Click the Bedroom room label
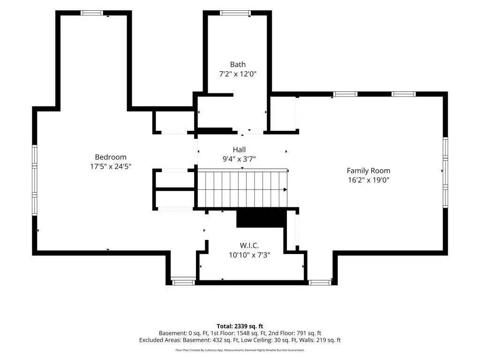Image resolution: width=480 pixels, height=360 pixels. [x=111, y=157]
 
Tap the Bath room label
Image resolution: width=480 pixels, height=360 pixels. [x=238, y=65]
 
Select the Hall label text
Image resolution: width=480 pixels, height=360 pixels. [x=239, y=150]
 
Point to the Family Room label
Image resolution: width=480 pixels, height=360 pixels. [x=368, y=171]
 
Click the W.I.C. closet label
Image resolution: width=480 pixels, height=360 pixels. [x=249, y=246]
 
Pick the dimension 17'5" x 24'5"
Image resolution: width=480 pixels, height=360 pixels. [x=111, y=166]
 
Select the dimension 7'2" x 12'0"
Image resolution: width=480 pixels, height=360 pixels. [x=238, y=74]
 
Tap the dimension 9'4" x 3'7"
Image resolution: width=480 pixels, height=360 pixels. [x=239, y=159]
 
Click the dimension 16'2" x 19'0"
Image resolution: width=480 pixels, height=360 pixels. [x=368, y=180]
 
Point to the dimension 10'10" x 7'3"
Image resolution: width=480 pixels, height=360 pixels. [x=249, y=255]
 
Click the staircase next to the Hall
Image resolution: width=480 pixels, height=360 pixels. [x=242, y=189]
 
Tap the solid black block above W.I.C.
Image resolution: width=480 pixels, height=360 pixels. [x=262, y=218]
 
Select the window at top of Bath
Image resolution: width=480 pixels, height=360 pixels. [x=235, y=13]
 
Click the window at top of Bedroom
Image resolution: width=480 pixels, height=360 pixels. [x=92, y=13]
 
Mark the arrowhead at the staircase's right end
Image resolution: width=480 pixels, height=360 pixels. [x=285, y=190]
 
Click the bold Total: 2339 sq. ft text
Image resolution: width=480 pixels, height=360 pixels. [x=240, y=326]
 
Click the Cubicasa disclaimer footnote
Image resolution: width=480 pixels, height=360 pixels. [x=240, y=350]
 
